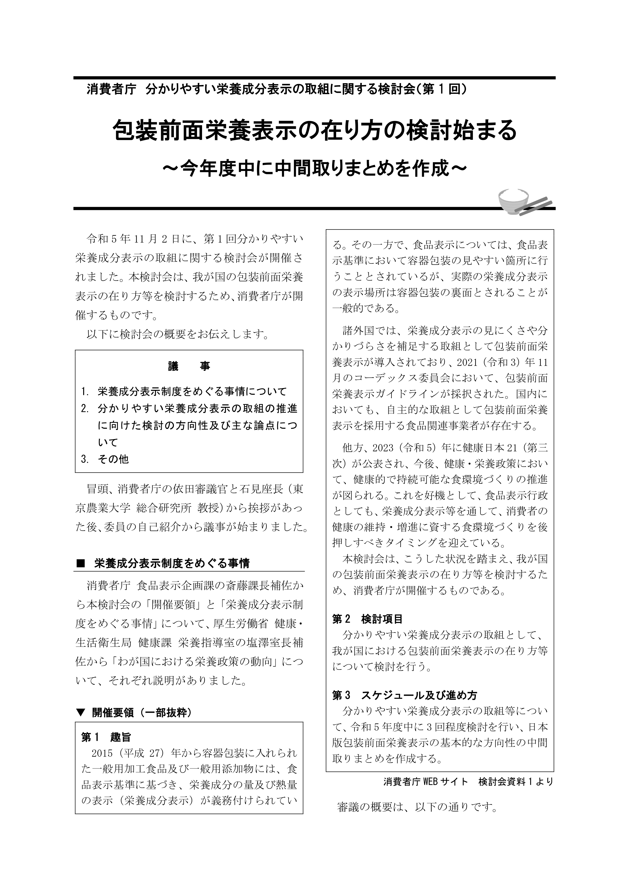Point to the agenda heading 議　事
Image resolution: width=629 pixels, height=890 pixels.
tap(189, 366)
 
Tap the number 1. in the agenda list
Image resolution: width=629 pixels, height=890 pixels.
tap(85, 392)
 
